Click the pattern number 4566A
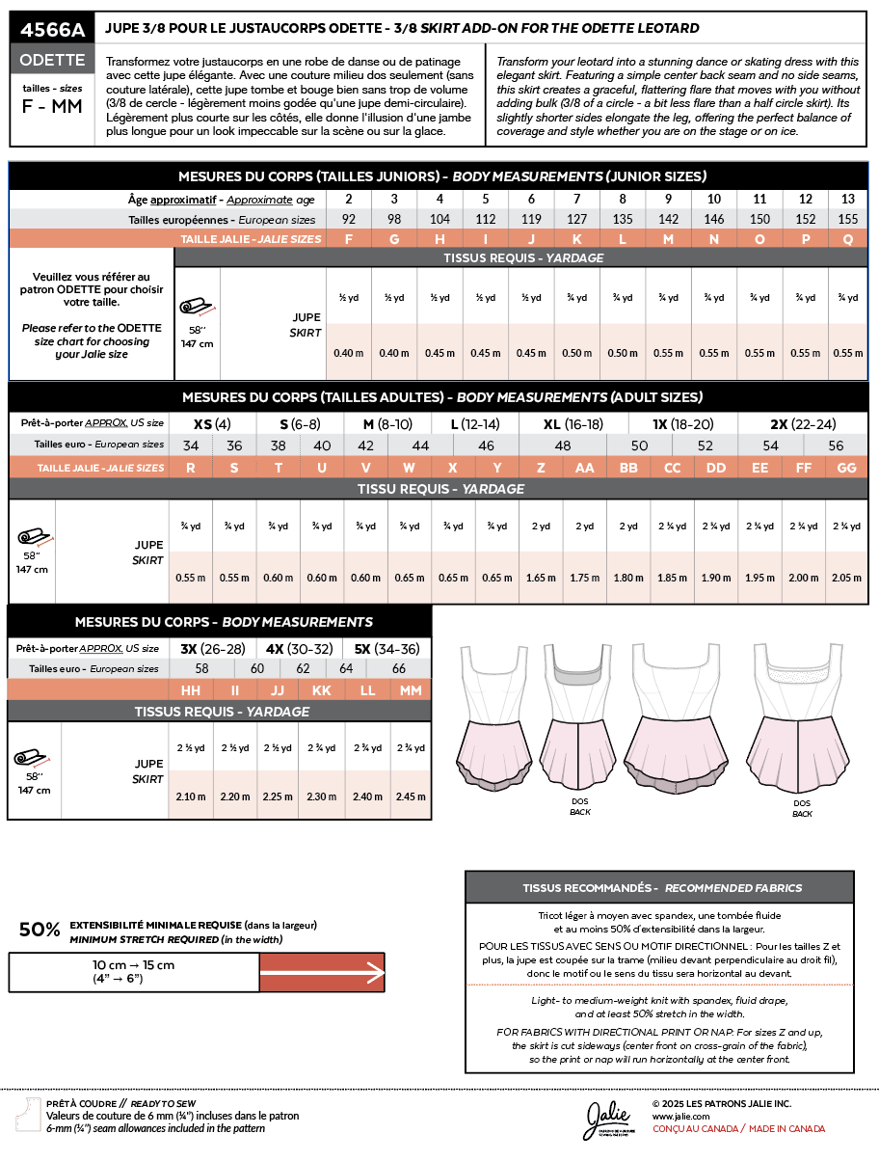pos(53,30)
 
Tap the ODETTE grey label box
pos(53,60)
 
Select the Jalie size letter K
pos(575,239)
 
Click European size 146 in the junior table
pos(713,219)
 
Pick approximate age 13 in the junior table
pos(847,199)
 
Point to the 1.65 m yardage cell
pos(541,578)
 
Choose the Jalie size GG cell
pos(847,467)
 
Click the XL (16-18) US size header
pos(573,423)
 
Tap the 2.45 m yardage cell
pos(410,796)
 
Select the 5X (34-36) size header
pos(386,648)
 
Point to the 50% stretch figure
pos(40,930)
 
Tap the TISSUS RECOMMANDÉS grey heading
pos(660,887)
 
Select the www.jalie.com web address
pos(680,1115)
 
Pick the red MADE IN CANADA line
pos(738,1128)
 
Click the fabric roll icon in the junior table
pos(197,306)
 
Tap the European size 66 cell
pos(399,668)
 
